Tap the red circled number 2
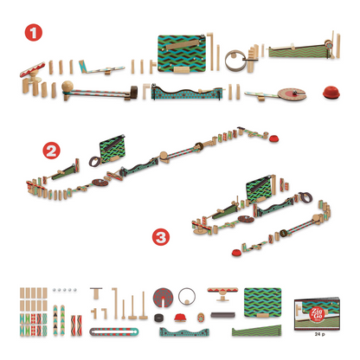pyautogui.click(x=52, y=151)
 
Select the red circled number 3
pyautogui.click(x=158, y=235)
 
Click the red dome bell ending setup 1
pyautogui.click(x=330, y=93)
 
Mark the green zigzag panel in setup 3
pyautogui.click(x=261, y=184)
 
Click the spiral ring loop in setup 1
pyautogui.click(x=234, y=61)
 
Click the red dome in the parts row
pyautogui.click(x=180, y=318)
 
